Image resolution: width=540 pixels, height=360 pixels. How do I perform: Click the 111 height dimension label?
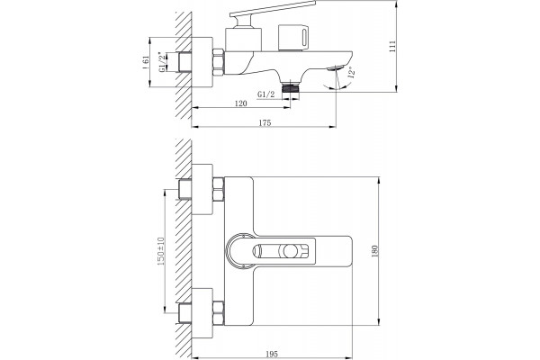click(x=392, y=46)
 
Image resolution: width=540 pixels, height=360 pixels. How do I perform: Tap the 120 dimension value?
click(x=240, y=103)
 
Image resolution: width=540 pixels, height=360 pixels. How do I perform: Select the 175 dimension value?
click(x=265, y=122)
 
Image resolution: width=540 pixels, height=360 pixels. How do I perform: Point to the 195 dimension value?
click(x=272, y=354)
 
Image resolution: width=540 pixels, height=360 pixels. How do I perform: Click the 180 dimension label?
click(x=375, y=251)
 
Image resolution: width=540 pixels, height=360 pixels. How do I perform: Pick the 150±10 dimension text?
click(x=161, y=251)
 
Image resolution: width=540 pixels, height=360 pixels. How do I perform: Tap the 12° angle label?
click(x=352, y=73)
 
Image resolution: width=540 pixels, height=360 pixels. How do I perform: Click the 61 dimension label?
click(x=146, y=62)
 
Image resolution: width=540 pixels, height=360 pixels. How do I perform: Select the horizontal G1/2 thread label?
click(x=266, y=94)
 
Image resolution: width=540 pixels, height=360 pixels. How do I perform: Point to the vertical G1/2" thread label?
click(x=161, y=62)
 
